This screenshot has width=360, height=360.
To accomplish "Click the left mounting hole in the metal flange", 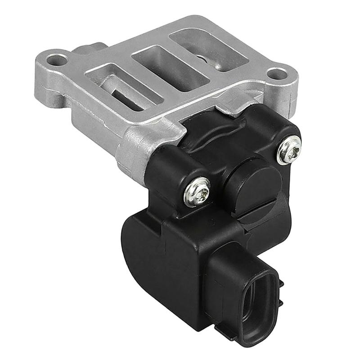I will (x=57, y=59).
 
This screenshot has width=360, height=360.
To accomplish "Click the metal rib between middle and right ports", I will (x=189, y=56).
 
